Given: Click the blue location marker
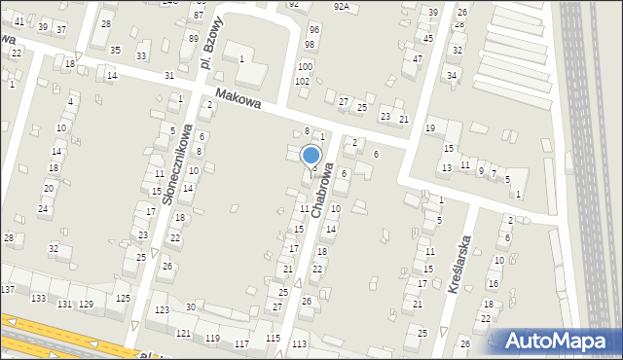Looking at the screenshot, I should click(x=311, y=156).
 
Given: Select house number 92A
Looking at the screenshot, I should click(x=341, y=6).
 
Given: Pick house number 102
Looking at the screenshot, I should click(x=303, y=81).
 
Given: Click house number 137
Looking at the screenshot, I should click(x=8, y=290).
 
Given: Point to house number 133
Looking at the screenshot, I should click(x=39, y=298).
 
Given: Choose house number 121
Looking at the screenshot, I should click(x=183, y=334).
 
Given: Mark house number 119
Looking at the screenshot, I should click(x=212, y=339).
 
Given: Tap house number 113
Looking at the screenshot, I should click(x=299, y=344).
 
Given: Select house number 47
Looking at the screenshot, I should click(x=418, y=58).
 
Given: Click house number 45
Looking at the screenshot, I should click(x=428, y=38).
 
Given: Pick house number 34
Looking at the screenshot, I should click(x=451, y=75).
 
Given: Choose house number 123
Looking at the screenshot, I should click(x=161, y=309).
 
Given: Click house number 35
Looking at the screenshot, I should click(x=115, y=50).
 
